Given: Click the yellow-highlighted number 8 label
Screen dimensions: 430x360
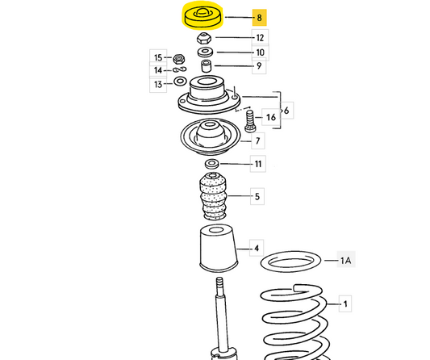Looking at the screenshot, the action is click(x=259, y=18).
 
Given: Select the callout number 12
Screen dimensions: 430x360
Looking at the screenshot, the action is click(x=260, y=38).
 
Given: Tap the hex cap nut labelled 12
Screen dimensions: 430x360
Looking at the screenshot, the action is click(x=204, y=38).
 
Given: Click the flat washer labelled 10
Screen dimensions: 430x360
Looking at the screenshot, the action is click(x=205, y=52).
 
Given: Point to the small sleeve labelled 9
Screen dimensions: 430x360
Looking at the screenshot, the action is click(x=206, y=66).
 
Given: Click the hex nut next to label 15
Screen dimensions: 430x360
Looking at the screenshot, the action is click(x=179, y=58).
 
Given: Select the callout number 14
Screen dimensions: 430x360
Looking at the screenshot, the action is click(x=158, y=70).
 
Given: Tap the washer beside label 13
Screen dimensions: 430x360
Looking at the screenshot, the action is click(x=180, y=81).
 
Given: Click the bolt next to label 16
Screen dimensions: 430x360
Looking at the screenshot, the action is click(x=249, y=121).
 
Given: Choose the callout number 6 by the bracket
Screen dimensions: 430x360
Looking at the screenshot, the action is click(x=286, y=111).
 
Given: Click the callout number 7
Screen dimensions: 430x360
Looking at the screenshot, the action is click(x=257, y=140).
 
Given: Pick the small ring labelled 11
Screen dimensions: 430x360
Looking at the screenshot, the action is click(x=211, y=164).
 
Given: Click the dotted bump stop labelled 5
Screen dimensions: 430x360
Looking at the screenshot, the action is click(x=214, y=196).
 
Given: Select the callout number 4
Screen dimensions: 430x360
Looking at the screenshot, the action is click(x=257, y=248).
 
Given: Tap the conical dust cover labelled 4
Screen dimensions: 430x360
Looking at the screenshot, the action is click(x=219, y=248).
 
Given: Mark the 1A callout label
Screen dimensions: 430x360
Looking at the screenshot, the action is click(x=346, y=260).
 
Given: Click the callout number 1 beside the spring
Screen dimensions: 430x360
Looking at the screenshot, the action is click(x=345, y=303).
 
